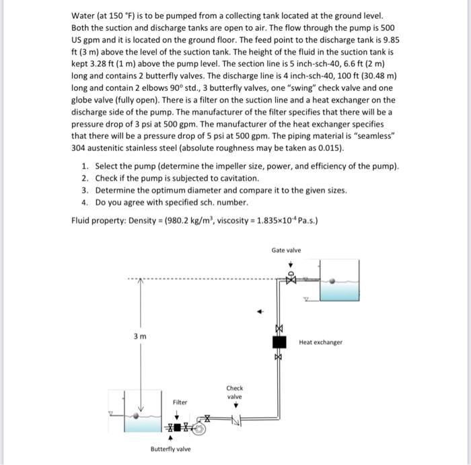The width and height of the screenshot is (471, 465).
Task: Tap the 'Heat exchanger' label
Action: click(320, 342)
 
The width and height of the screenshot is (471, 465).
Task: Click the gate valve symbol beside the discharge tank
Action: click(292, 277)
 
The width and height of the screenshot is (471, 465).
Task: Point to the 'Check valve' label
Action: click(234, 392)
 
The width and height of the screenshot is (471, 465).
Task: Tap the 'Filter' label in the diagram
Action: click(180, 402)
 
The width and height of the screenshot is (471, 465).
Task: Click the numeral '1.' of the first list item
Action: click(84, 166)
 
